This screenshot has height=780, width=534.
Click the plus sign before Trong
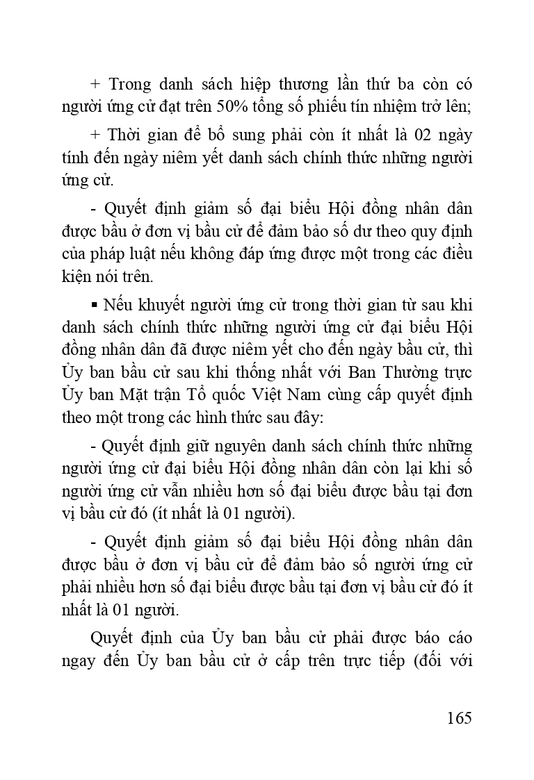tap(96, 85)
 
